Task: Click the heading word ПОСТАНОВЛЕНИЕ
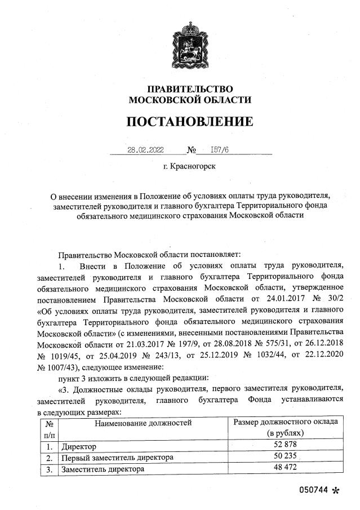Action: point(189,122)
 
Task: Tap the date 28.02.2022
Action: point(145,150)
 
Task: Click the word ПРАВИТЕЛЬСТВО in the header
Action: point(190,89)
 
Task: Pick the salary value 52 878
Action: point(286,446)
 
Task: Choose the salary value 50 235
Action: point(286,457)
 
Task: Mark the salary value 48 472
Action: point(286,468)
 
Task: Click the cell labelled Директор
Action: point(80,446)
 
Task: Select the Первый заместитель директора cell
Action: point(117,457)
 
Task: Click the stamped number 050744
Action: point(313,490)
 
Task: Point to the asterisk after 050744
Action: point(336,491)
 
